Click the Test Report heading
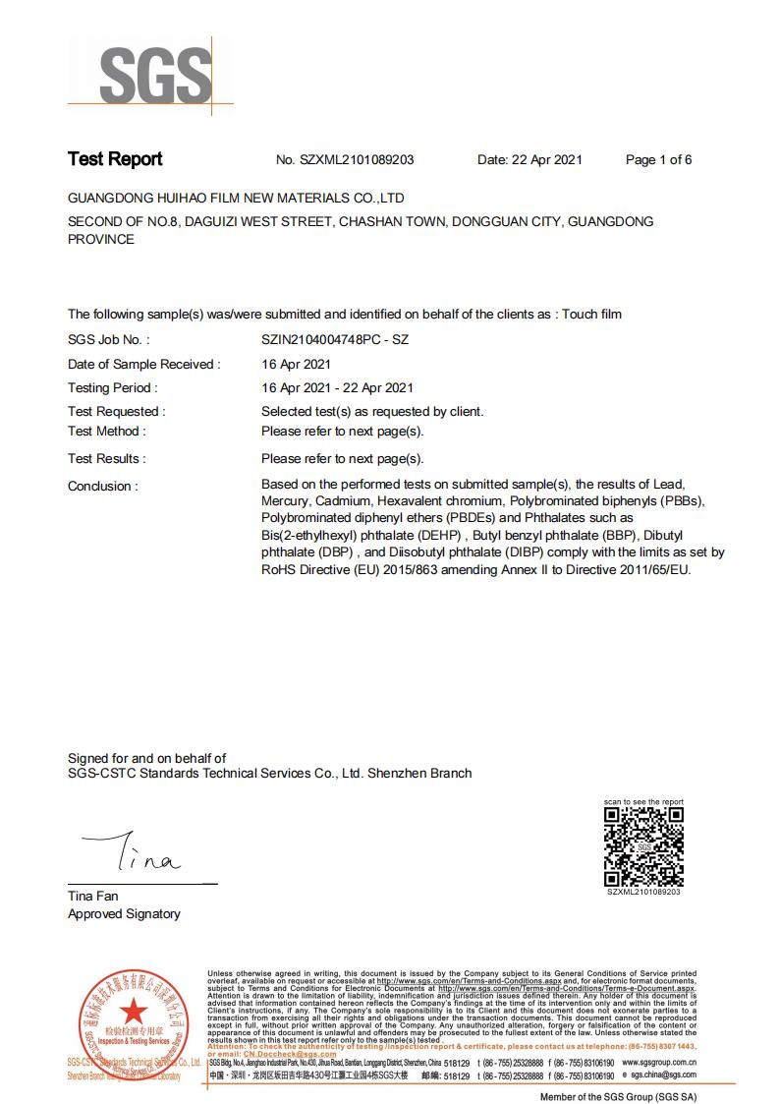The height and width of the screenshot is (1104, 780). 115,159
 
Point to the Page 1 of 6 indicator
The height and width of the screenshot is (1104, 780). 658,160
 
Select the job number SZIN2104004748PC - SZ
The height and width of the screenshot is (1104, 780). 334,340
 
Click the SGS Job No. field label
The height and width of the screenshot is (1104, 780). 108,340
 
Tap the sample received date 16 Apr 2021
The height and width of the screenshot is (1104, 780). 295,365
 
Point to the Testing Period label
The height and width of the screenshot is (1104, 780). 111,388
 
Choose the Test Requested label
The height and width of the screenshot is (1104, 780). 116,412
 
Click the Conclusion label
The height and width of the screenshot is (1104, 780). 102,487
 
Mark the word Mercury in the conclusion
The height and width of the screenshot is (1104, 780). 285,501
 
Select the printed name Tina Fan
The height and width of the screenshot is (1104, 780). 92,897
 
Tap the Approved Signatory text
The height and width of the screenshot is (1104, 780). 124,914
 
